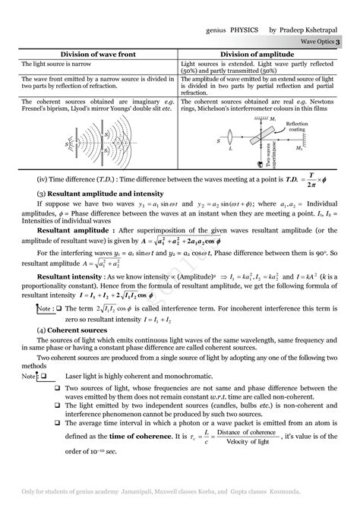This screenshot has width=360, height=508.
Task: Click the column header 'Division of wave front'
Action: (x=96, y=54)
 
